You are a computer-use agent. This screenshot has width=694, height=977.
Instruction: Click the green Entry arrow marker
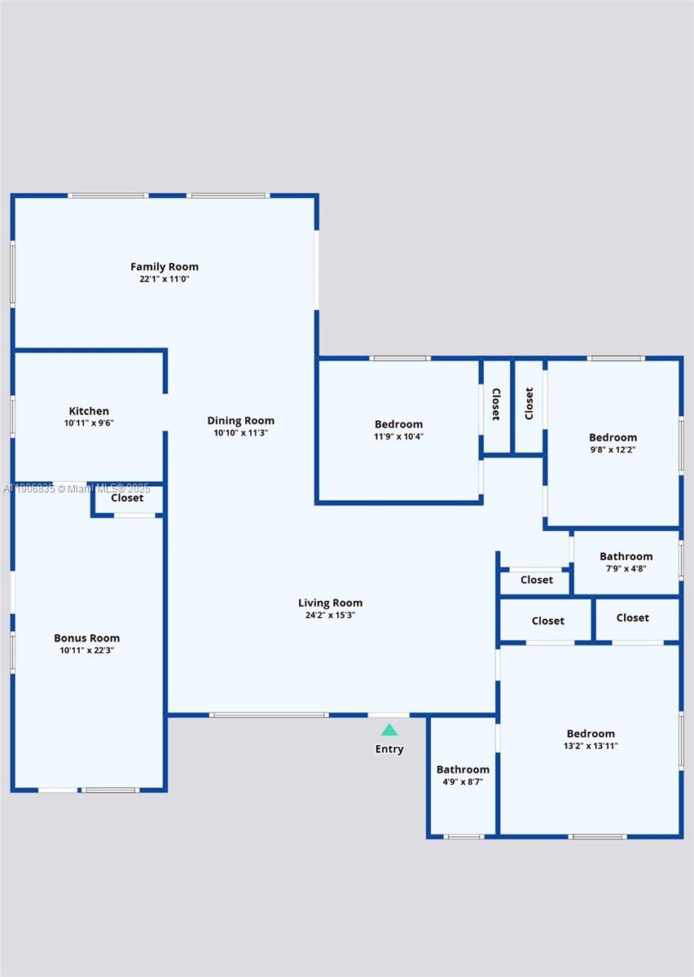click(389, 729)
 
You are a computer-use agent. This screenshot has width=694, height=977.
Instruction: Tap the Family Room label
click(165, 266)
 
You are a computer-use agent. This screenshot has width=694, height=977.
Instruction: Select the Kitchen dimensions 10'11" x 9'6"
click(89, 423)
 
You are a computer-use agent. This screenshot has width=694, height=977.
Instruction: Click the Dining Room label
click(241, 421)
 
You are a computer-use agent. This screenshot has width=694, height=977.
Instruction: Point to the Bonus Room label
click(87, 638)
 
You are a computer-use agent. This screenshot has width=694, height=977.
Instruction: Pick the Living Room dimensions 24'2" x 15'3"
click(331, 615)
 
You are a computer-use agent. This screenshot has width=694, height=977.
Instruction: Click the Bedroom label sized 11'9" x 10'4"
click(399, 424)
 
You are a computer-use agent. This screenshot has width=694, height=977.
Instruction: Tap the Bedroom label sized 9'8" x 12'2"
click(613, 437)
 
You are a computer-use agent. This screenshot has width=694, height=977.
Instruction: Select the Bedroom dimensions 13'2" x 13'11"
click(591, 746)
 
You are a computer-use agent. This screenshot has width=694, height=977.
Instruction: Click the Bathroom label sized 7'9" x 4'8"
click(626, 556)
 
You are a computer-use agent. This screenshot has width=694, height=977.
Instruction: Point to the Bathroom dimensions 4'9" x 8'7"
click(463, 782)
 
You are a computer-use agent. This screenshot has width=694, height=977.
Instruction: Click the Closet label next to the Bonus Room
click(127, 498)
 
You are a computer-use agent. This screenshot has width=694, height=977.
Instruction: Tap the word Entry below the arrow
click(389, 749)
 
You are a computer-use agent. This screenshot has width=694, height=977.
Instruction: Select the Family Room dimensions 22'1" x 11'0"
click(165, 279)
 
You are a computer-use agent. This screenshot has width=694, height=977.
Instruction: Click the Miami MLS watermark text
click(77, 488)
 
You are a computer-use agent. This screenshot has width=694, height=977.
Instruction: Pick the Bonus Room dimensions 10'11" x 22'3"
click(87, 651)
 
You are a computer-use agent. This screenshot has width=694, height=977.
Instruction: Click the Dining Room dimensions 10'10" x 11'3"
click(241, 433)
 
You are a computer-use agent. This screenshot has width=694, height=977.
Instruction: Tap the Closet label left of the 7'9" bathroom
click(537, 580)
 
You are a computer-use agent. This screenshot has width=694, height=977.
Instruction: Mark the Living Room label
click(331, 602)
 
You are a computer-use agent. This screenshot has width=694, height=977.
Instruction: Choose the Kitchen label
click(89, 411)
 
